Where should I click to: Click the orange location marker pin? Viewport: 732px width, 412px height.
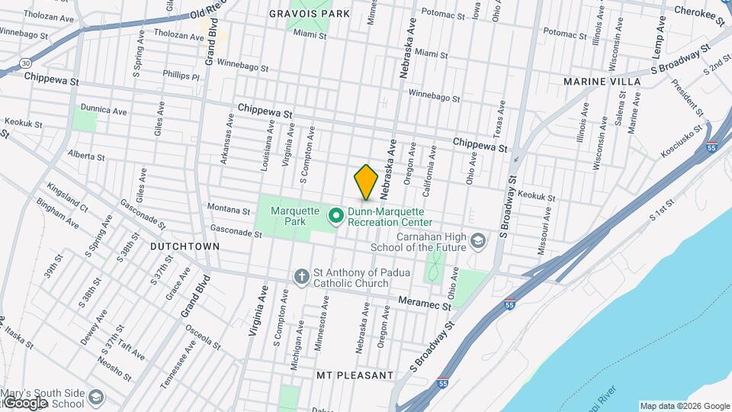[366, 182]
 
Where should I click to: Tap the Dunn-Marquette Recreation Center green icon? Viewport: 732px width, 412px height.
[335, 216]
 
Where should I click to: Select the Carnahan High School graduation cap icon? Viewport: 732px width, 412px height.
[477, 241]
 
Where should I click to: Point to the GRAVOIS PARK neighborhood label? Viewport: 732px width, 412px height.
[310, 14]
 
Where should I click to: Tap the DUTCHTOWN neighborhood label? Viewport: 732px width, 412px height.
[185, 246]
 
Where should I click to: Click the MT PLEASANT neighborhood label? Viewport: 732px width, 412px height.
[355, 375]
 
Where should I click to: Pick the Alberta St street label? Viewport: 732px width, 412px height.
[86, 156]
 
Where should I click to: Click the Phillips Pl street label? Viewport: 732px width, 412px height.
[181, 76]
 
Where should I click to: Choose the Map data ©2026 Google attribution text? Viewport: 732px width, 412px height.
[684, 406]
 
